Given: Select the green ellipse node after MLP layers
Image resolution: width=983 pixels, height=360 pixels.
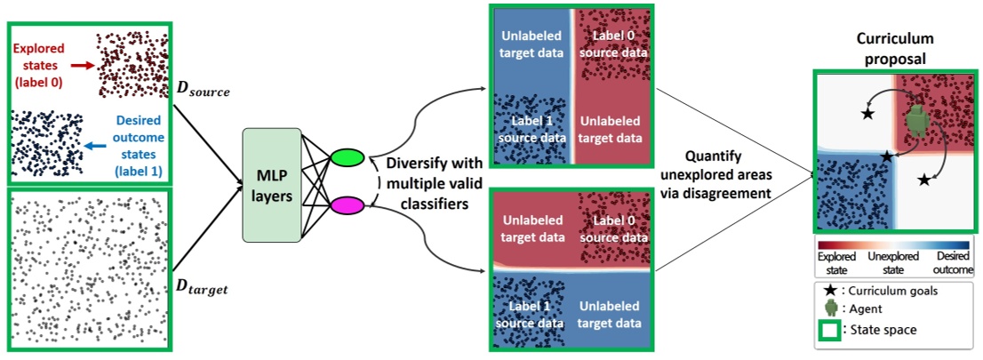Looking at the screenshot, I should [348, 157].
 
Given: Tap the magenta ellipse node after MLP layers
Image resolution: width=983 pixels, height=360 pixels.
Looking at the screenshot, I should [347, 208].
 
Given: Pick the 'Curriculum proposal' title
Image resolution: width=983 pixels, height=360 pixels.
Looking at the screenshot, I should [891, 48].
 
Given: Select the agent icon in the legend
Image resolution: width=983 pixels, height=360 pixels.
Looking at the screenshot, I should [832, 308].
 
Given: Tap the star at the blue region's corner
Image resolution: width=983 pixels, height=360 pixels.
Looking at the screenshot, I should [885, 156].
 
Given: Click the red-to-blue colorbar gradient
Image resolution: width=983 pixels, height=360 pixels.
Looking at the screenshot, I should [891, 244].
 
